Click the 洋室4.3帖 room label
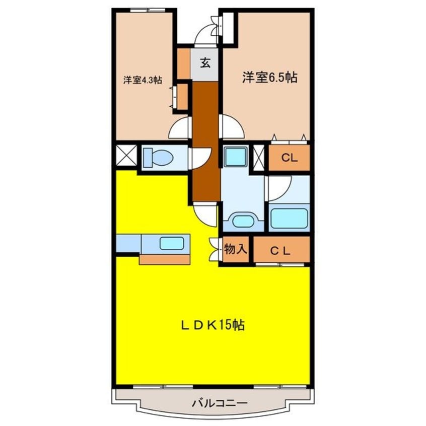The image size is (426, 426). (143, 80)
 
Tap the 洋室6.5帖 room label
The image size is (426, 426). (269, 78)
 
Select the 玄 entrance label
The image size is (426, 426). (206, 63)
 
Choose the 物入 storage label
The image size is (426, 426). (235, 249)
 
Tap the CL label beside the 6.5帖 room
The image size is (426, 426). (289, 158)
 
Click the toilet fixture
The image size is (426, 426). (158, 158)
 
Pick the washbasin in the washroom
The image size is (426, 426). (243, 220)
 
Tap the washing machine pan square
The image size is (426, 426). (235, 156)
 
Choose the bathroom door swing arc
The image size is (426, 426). (278, 188)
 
